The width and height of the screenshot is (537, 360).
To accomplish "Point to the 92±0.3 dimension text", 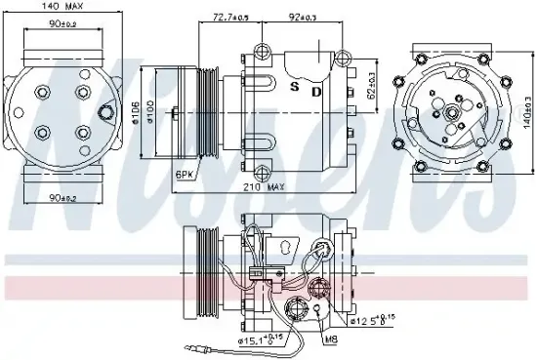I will coord(304,18).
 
